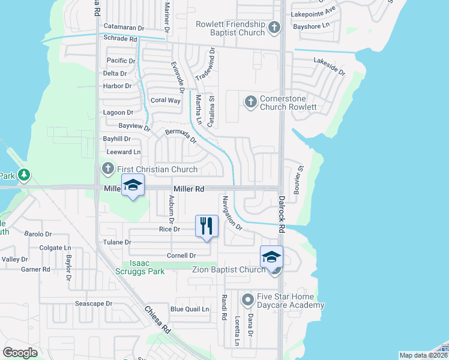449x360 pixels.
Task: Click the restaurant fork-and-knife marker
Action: click(206, 226)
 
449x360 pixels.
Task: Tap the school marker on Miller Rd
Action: click(133, 185)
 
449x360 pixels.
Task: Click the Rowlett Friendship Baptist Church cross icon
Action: click(274, 27)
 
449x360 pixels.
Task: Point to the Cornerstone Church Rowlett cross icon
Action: click(250, 101)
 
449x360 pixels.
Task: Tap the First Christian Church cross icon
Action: click(108, 169)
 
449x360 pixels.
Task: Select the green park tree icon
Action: click(23, 175)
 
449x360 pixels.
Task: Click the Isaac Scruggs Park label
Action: click(143, 267)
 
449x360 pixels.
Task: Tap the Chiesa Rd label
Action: click(158, 320)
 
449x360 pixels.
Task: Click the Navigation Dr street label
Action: click(231, 214)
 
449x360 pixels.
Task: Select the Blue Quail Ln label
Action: click(190, 309)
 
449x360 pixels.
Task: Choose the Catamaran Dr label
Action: click(124, 27)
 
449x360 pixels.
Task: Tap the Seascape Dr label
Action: click(93, 304)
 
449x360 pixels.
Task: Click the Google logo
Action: click(20, 353)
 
